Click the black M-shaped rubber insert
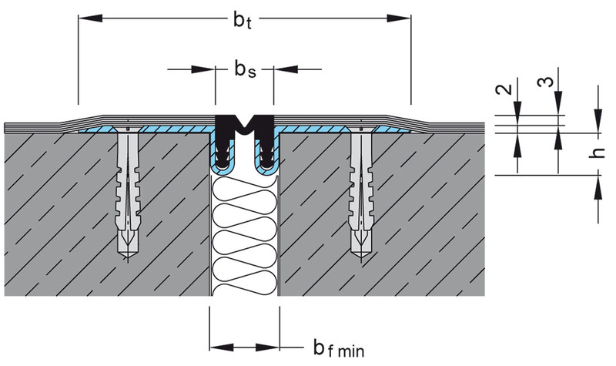(x=245, y=126)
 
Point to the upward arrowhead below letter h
(x=597, y=182)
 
